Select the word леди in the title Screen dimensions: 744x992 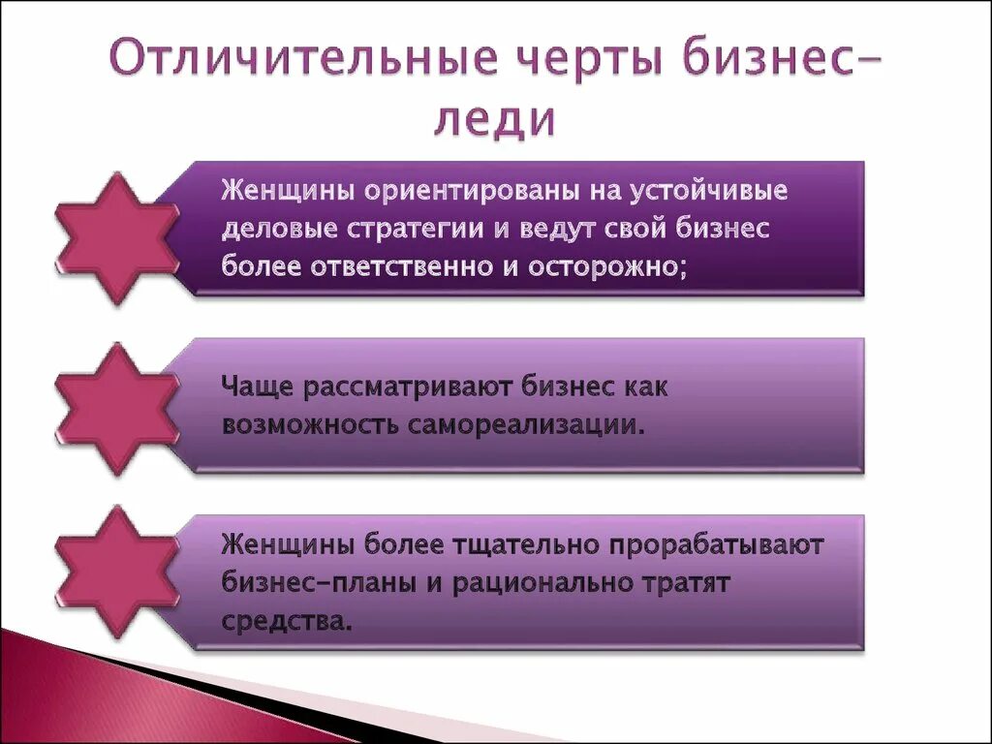pyautogui.click(x=494, y=121)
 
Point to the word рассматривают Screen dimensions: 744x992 pyautogui.click(x=409, y=387)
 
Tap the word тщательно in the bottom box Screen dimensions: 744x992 pyautogui.click(x=524, y=545)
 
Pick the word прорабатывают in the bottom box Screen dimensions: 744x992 pyautogui.click(x=716, y=545)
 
